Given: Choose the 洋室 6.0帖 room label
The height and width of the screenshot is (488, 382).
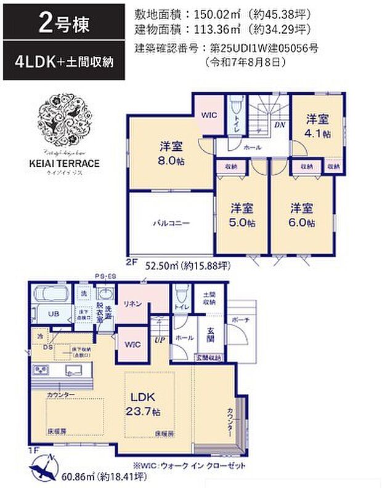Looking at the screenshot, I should (302, 214).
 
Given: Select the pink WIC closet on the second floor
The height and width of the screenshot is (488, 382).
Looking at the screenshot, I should (205, 114).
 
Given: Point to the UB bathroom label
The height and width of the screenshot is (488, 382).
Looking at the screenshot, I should (53, 313).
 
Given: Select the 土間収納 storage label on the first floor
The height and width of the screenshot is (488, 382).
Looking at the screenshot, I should (209, 300).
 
